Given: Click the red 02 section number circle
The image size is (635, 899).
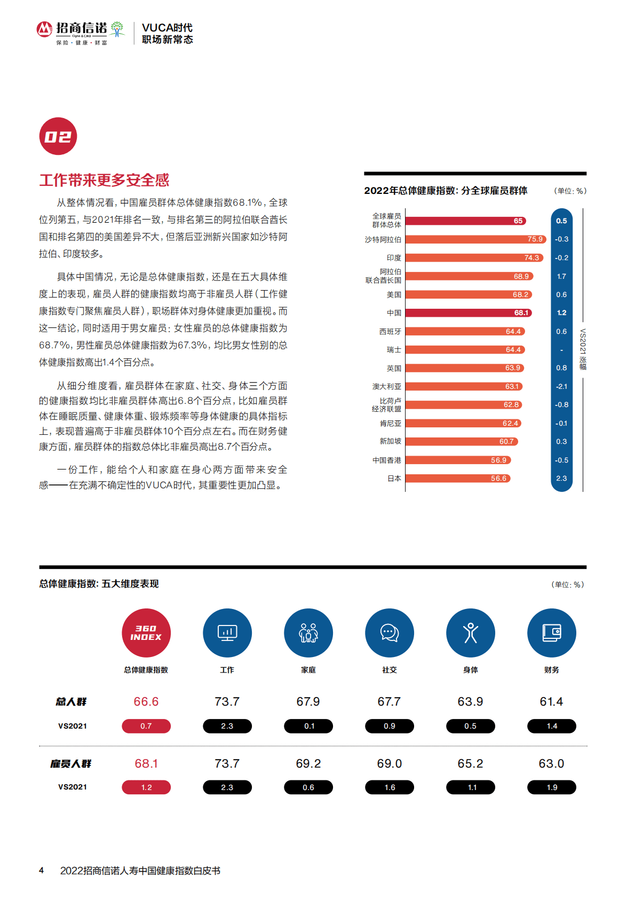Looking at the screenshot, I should (58, 136).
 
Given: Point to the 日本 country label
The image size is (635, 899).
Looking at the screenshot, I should (394, 479).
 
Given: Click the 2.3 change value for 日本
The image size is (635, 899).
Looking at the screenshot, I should (561, 479).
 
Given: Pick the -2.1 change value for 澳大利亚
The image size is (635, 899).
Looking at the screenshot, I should (561, 386).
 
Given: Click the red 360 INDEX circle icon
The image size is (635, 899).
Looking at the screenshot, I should (146, 633).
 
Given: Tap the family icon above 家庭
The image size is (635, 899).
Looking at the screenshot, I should (308, 633).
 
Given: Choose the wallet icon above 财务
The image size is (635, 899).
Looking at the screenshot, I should (552, 633).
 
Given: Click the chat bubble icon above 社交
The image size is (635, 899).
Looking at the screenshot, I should (390, 633).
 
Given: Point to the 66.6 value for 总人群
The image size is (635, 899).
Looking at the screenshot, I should (146, 701).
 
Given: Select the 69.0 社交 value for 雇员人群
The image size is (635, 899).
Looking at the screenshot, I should (390, 764).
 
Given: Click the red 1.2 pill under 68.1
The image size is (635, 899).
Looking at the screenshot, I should (146, 787).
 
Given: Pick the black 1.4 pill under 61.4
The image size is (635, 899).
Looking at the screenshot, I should (552, 726).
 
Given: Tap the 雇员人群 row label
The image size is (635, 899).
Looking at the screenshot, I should (71, 764).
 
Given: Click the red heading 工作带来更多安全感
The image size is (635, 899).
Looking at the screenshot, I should (104, 180).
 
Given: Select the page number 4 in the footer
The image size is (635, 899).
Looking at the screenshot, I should (41, 871).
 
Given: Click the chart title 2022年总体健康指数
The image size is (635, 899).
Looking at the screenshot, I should (446, 191).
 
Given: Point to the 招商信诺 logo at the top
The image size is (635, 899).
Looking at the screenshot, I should (81, 32).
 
